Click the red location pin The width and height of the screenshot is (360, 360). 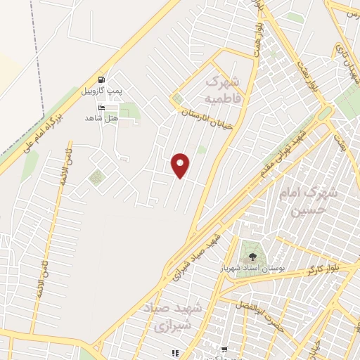point(181,165)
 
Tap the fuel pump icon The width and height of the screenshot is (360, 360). point(103,79)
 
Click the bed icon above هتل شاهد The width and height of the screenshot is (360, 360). point(102,108)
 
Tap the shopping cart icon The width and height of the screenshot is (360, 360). point(224,349)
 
